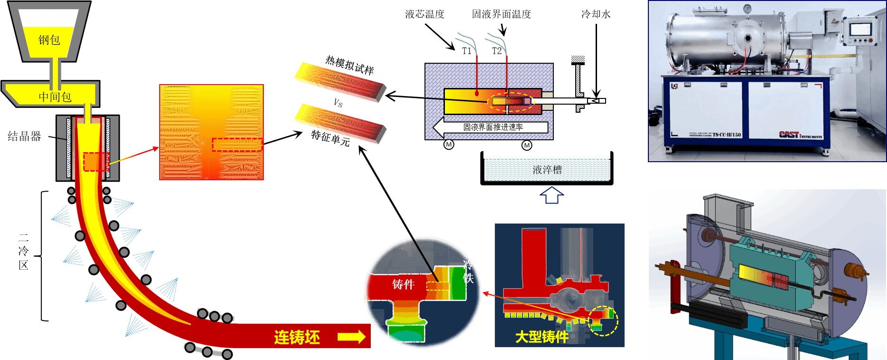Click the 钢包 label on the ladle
[49, 40]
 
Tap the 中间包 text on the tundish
[55, 97]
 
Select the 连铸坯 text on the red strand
[297, 337]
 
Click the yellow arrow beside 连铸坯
[351, 337]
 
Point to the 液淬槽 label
[547, 170]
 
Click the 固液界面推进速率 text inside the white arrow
[493, 127]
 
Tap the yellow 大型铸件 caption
[542, 337]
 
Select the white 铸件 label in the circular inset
[403, 284]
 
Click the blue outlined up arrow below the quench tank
[551, 195]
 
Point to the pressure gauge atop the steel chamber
[748, 9]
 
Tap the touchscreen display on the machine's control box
[860, 29]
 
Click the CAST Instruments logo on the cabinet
[800, 135]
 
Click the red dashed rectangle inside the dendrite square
[237, 145]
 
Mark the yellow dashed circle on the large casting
[603, 321]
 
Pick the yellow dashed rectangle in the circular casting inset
[437, 286]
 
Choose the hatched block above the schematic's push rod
[578, 59]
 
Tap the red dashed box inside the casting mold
[96, 162]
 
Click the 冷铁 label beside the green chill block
[469, 271]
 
